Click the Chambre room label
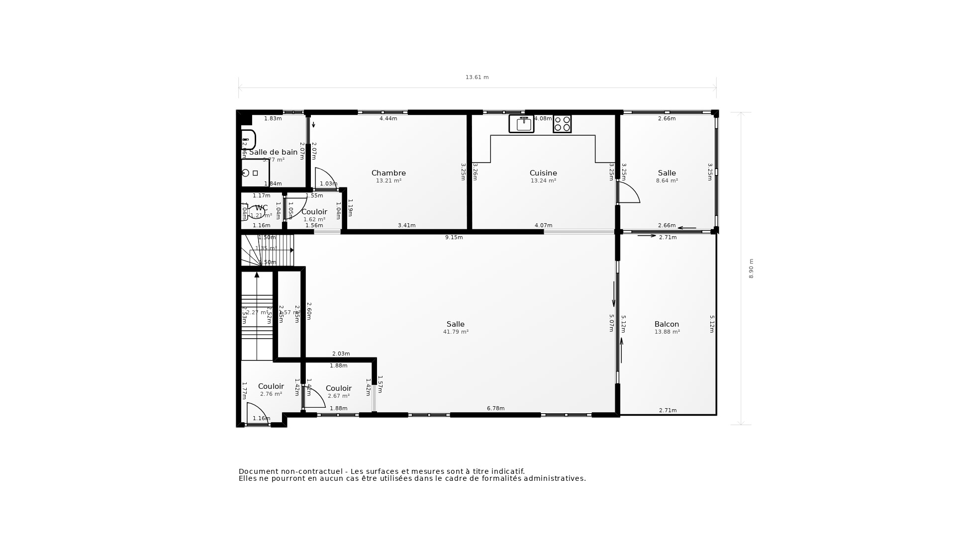pyautogui.click(x=388, y=173)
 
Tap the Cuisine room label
pyautogui.click(x=543, y=173)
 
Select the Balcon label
pyautogui.click(x=667, y=324)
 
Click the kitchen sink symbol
pyautogui.click(x=521, y=124)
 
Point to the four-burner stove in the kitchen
pyautogui.click(x=562, y=124)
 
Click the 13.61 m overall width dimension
pyautogui.click(x=477, y=77)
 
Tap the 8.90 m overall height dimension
pyautogui.click(x=751, y=268)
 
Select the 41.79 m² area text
pyautogui.click(x=456, y=332)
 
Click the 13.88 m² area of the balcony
pyautogui.click(x=667, y=332)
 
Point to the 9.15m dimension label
pyautogui.click(x=454, y=237)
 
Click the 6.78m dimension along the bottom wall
pyautogui.click(x=495, y=408)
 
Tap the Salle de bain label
pyautogui.click(x=273, y=152)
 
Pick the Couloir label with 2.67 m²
pyautogui.click(x=338, y=388)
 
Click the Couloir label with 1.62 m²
pyautogui.click(x=314, y=212)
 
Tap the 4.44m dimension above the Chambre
pyautogui.click(x=388, y=118)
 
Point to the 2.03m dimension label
pyautogui.click(x=341, y=354)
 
